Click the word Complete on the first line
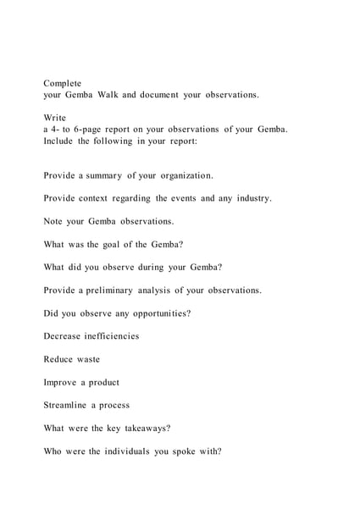63,84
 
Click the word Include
58,141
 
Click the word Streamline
69,405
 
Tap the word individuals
131,451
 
